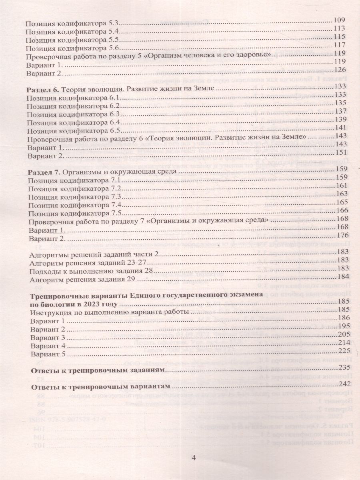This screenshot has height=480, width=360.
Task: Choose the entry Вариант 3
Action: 48,337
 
